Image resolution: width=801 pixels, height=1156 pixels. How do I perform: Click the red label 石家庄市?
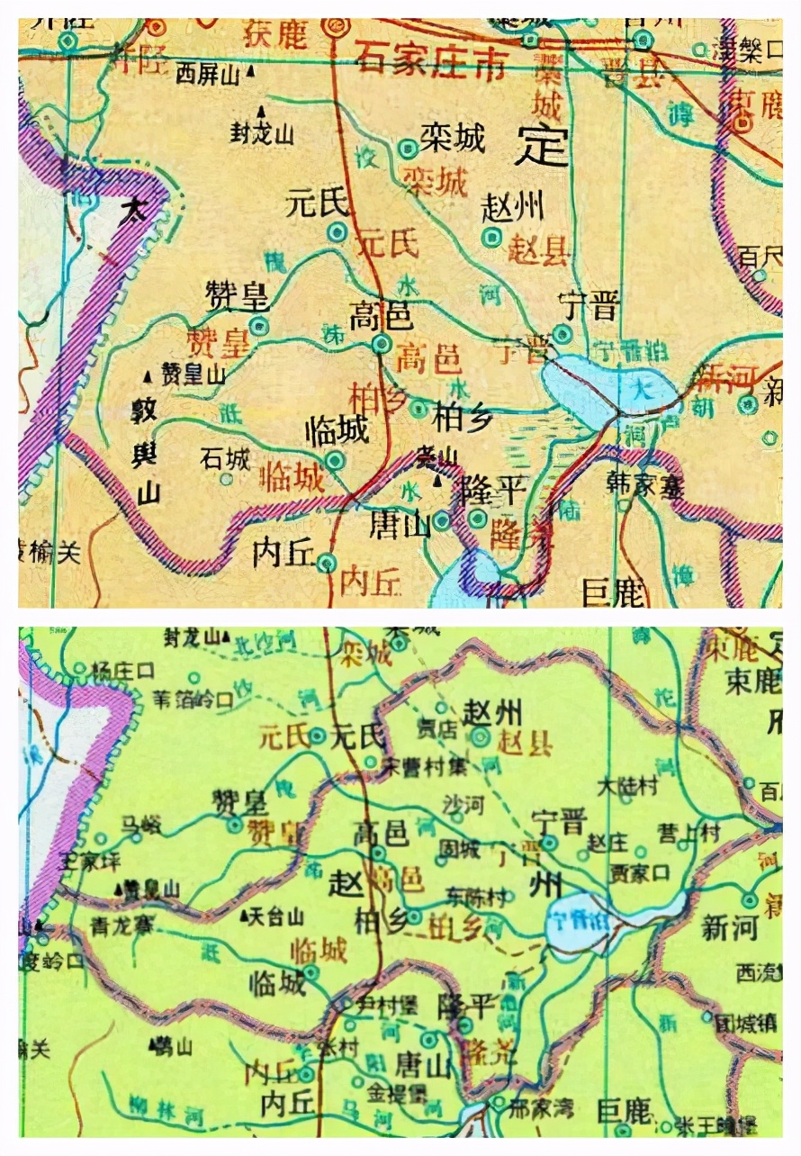pyautogui.click(x=430, y=61)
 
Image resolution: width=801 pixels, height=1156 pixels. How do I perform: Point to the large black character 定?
pyautogui.click(x=543, y=144)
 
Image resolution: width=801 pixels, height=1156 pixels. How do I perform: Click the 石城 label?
pyautogui.click(x=225, y=459)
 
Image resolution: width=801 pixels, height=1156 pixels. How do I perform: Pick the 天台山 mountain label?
pyautogui.click(x=276, y=917)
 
